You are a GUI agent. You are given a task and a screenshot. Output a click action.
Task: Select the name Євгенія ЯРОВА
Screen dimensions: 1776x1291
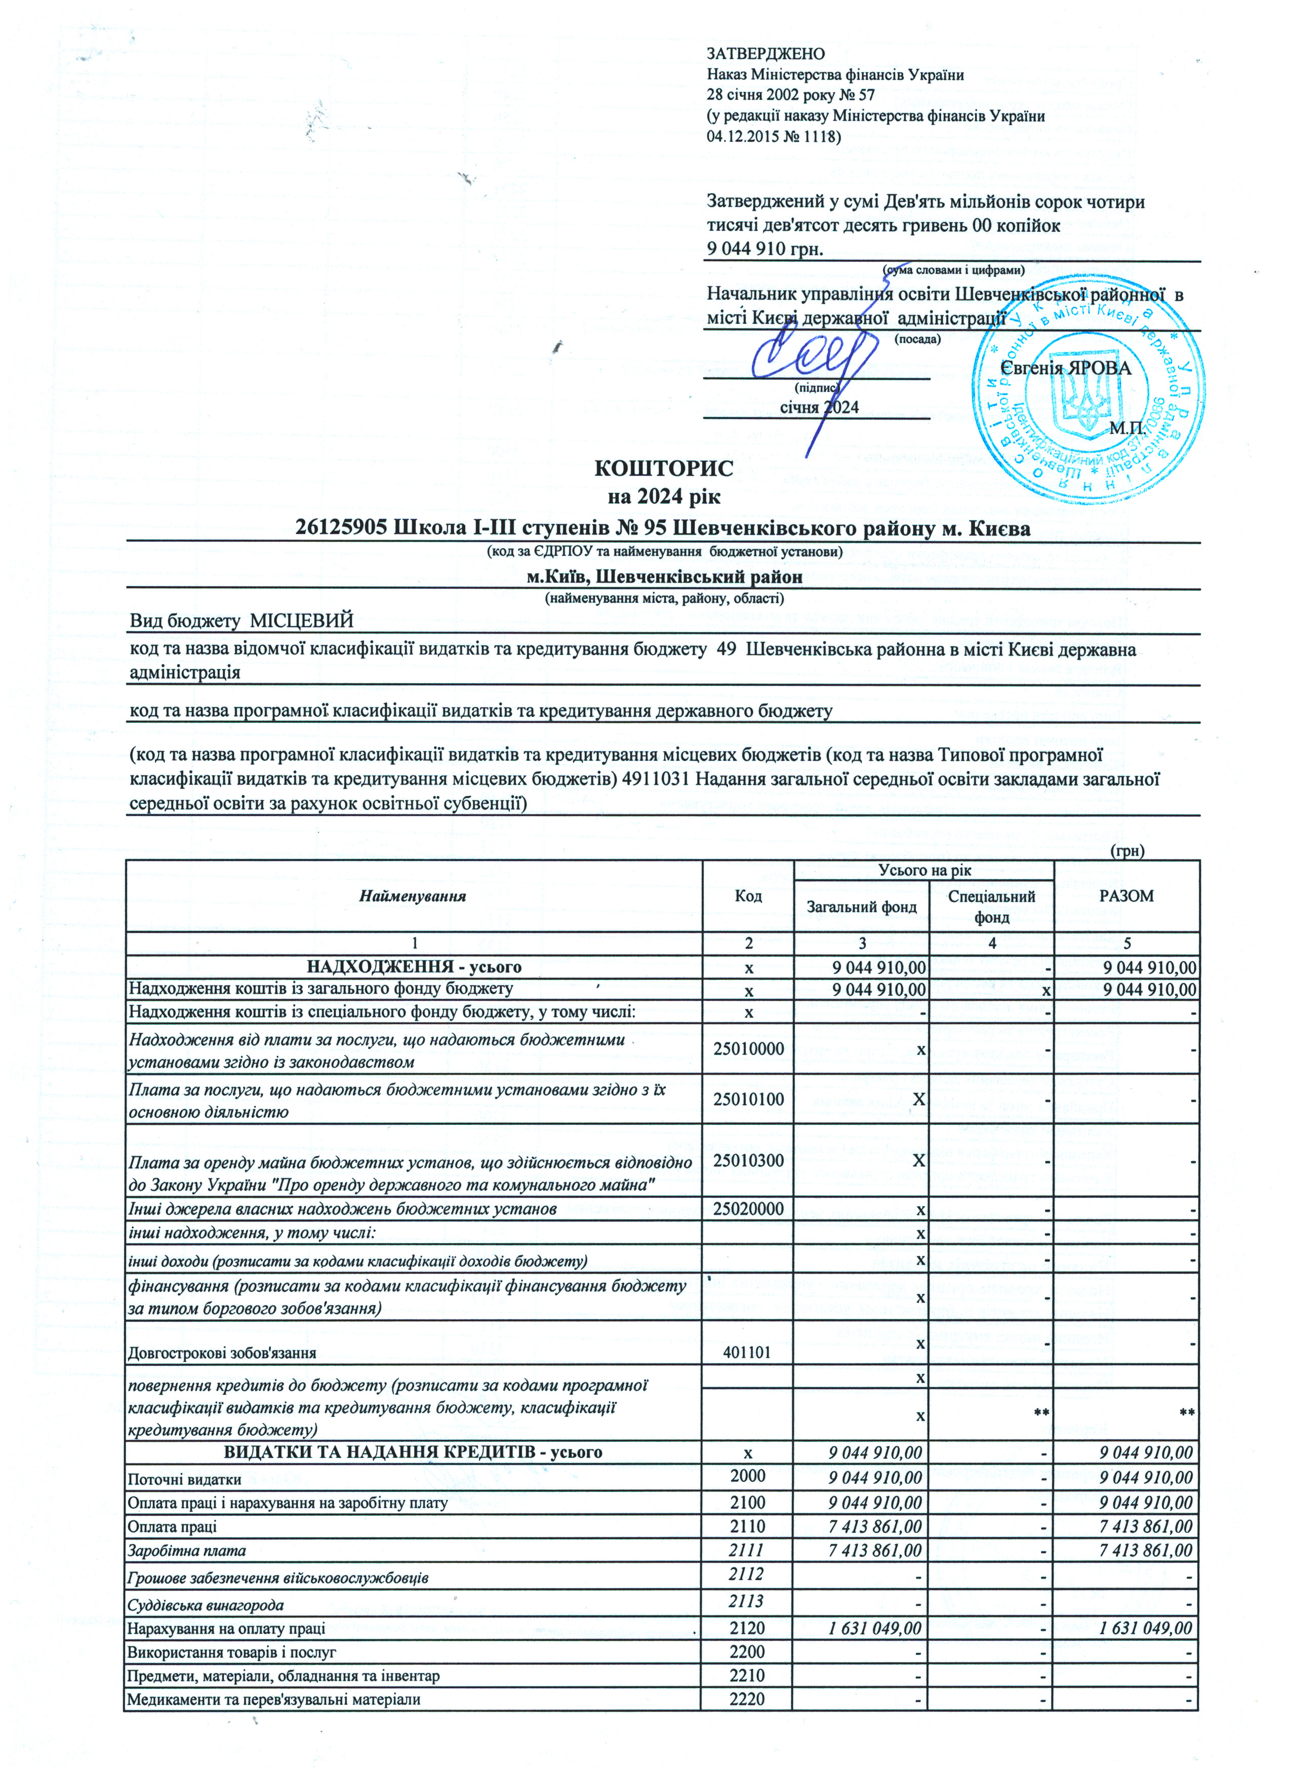(x=1066, y=368)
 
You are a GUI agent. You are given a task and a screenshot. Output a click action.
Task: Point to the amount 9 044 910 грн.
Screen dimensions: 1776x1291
(x=765, y=249)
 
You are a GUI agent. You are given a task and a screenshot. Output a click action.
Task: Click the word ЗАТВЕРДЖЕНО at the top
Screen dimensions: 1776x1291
(x=765, y=54)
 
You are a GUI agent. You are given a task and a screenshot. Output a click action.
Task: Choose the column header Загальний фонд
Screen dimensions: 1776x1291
(x=861, y=907)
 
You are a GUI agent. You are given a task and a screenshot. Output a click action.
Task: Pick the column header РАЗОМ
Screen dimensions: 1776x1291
(x=1126, y=896)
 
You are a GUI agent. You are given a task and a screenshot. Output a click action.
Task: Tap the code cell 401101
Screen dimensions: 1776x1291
(x=748, y=1352)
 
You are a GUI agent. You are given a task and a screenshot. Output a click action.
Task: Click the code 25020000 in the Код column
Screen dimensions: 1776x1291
(x=748, y=1209)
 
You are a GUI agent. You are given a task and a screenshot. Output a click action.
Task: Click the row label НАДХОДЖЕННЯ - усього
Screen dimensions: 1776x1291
(x=413, y=967)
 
